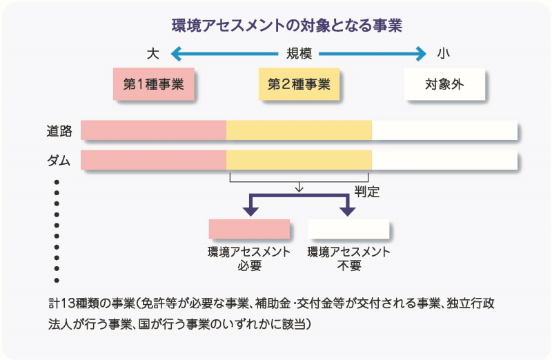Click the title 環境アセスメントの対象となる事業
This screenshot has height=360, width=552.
[x=287, y=26]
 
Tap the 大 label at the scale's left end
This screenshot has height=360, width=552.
[x=152, y=53]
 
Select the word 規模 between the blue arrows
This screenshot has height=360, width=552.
[x=300, y=53]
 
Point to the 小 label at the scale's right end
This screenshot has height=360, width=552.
[x=444, y=53]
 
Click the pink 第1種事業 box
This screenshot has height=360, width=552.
[x=153, y=84]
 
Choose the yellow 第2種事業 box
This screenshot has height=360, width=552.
[x=299, y=84]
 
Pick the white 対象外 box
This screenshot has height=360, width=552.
[x=444, y=84]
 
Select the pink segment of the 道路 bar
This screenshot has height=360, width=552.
[x=153, y=130]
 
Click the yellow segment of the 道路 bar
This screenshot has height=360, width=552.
[x=299, y=130]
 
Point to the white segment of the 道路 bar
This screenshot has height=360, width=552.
[x=444, y=130]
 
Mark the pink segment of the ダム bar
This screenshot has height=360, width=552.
[x=153, y=160]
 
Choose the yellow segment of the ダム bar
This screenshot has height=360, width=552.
[x=299, y=160]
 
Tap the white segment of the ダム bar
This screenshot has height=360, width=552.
[x=444, y=160]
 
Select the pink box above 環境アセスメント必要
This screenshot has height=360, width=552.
[x=249, y=229]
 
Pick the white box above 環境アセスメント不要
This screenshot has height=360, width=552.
[x=348, y=229]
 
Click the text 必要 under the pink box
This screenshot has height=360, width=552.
[x=249, y=266]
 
